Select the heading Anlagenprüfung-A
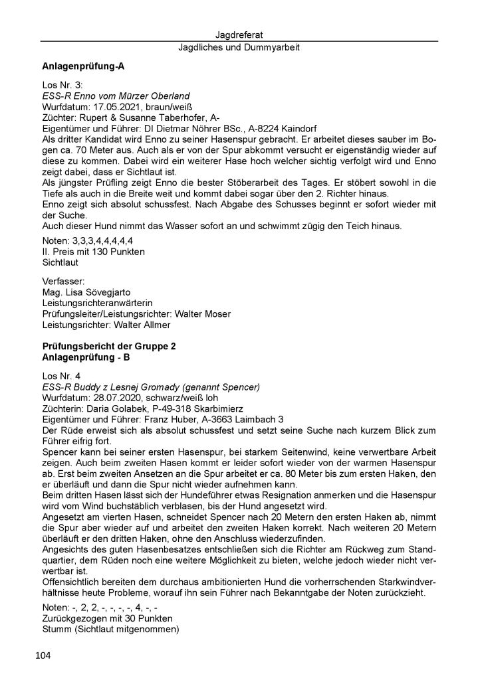tap(83, 67)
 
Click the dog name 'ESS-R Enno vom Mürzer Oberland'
tap(116, 96)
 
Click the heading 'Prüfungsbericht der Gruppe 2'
tap(108, 347)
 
